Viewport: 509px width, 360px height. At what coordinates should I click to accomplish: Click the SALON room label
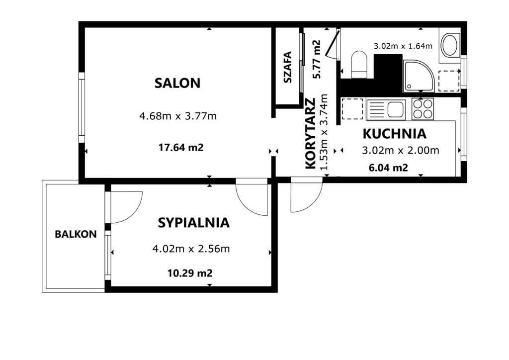click(177, 83)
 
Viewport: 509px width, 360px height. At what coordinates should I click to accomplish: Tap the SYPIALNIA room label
click(194, 223)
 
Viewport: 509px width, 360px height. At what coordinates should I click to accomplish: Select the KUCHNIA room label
click(394, 134)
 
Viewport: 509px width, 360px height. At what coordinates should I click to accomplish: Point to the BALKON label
click(76, 234)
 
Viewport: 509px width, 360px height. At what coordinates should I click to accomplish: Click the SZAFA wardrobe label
click(288, 67)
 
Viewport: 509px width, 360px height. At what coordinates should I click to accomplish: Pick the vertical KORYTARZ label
click(311, 133)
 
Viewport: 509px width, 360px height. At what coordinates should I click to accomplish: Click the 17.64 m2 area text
click(181, 148)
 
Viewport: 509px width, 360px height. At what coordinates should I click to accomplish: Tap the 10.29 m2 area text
click(190, 273)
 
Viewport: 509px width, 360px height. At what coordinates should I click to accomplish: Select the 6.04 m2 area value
click(389, 168)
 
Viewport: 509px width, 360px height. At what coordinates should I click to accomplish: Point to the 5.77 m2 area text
click(316, 59)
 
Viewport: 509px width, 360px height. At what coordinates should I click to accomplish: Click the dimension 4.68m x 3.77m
click(178, 116)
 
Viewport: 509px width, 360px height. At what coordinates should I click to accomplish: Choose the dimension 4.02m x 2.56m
click(191, 249)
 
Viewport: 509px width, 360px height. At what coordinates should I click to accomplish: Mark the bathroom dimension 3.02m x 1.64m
click(403, 46)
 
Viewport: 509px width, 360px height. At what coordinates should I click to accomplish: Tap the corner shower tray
click(419, 76)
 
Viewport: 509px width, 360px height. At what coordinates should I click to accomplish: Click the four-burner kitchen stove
click(423, 109)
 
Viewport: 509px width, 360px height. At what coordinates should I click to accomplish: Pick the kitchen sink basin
click(396, 109)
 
